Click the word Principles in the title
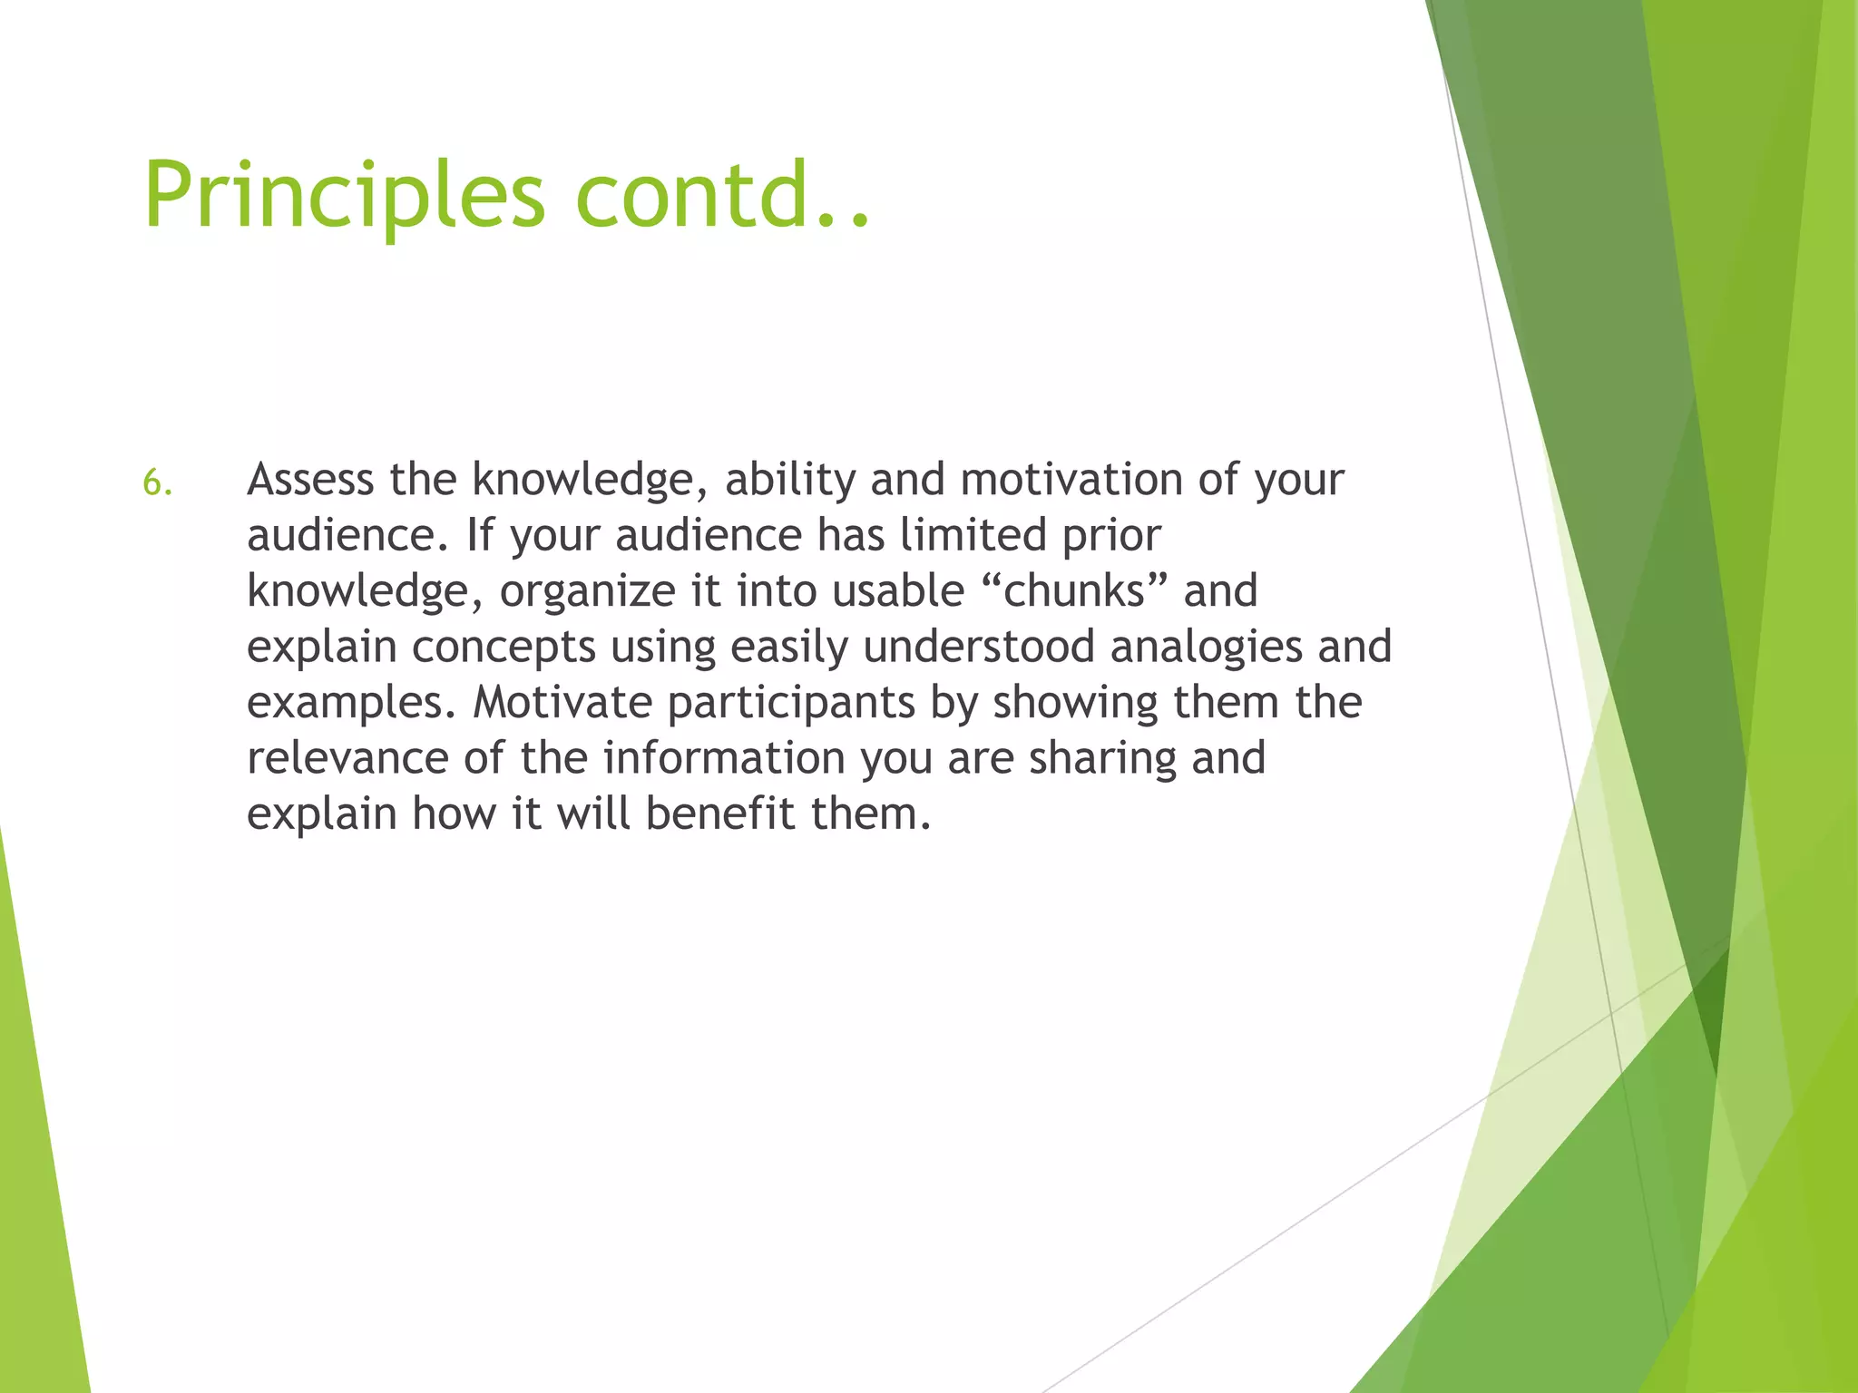[344, 195]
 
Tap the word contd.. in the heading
[721, 195]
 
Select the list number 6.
[157, 483]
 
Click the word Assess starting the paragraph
[309, 480]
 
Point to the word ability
[789, 480]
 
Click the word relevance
[347, 759]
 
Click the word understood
[979, 648]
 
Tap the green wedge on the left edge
[36, 1179]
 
